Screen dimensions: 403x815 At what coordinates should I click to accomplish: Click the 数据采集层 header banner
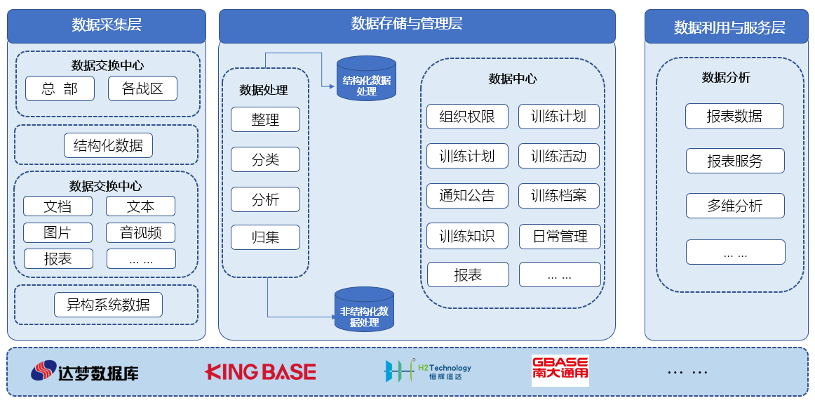coord(107,26)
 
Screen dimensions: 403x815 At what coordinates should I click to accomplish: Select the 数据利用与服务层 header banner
coord(729,27)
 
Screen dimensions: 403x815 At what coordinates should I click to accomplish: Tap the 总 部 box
coord(60,88)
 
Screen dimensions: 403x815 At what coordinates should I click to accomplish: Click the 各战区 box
coord(142,88)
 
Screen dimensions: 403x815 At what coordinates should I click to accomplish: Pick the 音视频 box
coord(140,232)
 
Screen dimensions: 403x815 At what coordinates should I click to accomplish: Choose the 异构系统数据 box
coord(108,305)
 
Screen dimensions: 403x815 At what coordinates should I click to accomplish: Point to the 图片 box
coord(58,232)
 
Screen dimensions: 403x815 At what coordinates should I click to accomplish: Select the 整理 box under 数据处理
coord(265,119)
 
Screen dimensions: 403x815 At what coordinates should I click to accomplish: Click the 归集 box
coord(265,237)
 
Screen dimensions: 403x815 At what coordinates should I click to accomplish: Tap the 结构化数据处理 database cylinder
coord(366,78)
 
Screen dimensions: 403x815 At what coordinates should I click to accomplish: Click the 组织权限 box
coord(467,117)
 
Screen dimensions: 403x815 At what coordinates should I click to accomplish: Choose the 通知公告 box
coord(467,196)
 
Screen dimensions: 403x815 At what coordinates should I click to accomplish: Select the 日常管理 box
coord(560,236)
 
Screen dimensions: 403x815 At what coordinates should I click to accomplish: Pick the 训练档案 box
coord(559,196)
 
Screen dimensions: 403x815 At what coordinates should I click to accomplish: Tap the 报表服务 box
coord(734,161)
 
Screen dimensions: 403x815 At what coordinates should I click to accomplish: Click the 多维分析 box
coord(734,206)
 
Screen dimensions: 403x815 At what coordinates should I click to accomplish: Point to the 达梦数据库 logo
coord(85,371)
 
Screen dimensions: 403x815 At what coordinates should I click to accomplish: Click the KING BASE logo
coord(260,371)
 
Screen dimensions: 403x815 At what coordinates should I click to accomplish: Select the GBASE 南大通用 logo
coord(560,371)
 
